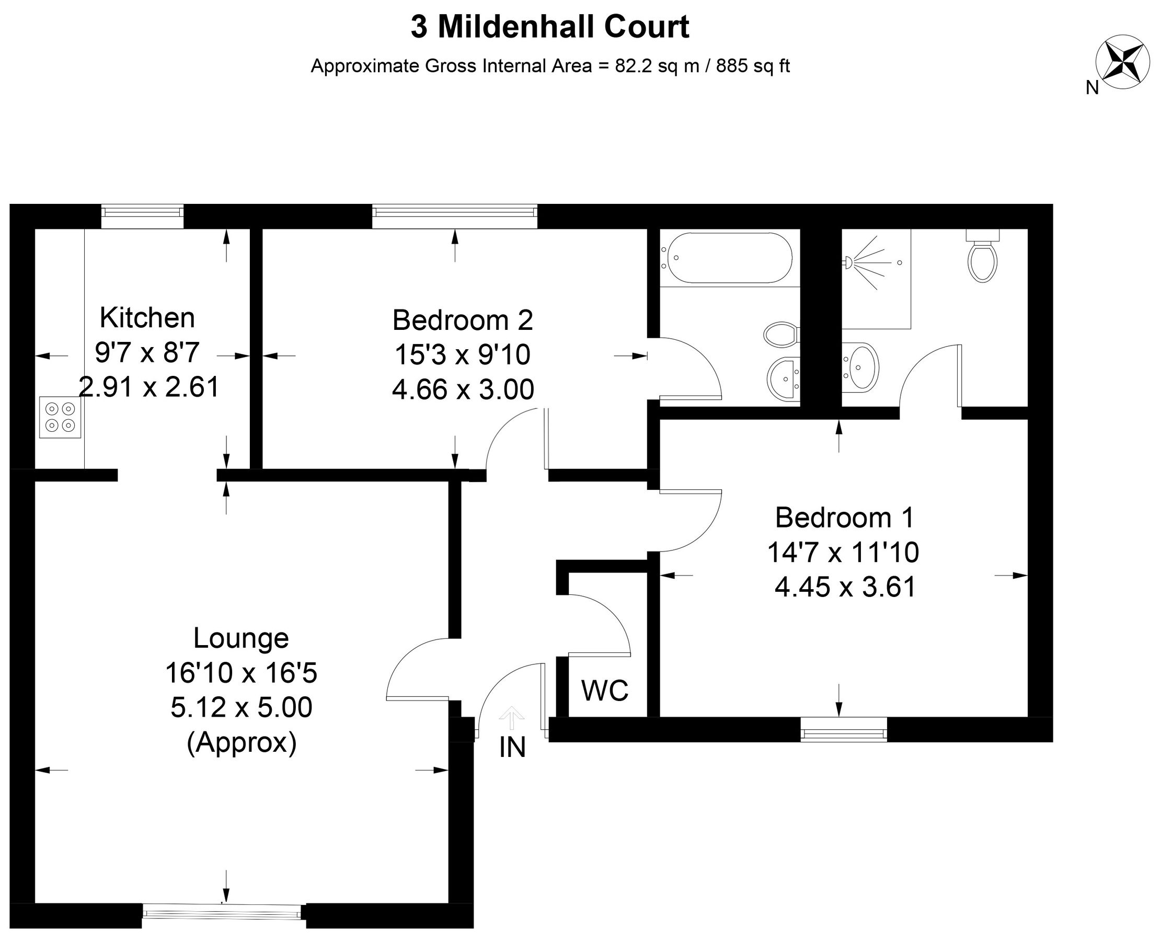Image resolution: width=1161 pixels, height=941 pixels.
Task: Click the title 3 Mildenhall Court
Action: pos(549,27)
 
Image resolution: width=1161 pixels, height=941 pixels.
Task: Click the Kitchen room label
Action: pos(147,318)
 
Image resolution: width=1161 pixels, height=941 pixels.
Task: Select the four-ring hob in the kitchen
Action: pos(60,417)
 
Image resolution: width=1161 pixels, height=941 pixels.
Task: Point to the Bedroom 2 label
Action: pos(462,320)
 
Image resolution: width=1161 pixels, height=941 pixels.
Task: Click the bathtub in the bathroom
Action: pos(730,258)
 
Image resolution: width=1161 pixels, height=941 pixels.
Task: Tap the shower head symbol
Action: pos(849,263)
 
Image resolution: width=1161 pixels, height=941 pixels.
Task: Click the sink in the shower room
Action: pos(861,368)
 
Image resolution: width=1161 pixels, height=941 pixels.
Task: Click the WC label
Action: pos(605,691)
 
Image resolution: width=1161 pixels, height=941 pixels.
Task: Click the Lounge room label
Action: pos(241,638)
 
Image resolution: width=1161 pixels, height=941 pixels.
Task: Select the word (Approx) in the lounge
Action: pos(242,743)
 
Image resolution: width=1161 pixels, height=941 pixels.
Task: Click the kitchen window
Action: pos(143,217)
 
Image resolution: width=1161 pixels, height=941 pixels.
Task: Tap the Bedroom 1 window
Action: pos(844,730)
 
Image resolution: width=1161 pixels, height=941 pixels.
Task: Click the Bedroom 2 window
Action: pos(454,217)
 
